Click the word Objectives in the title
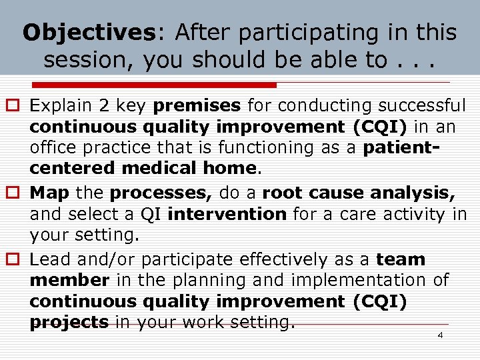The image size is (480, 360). click(89, 33)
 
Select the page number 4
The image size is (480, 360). click(440, 335)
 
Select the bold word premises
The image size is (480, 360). click(197, 105)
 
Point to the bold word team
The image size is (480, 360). click(401, 259)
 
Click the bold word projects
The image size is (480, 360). click(69, 323)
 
